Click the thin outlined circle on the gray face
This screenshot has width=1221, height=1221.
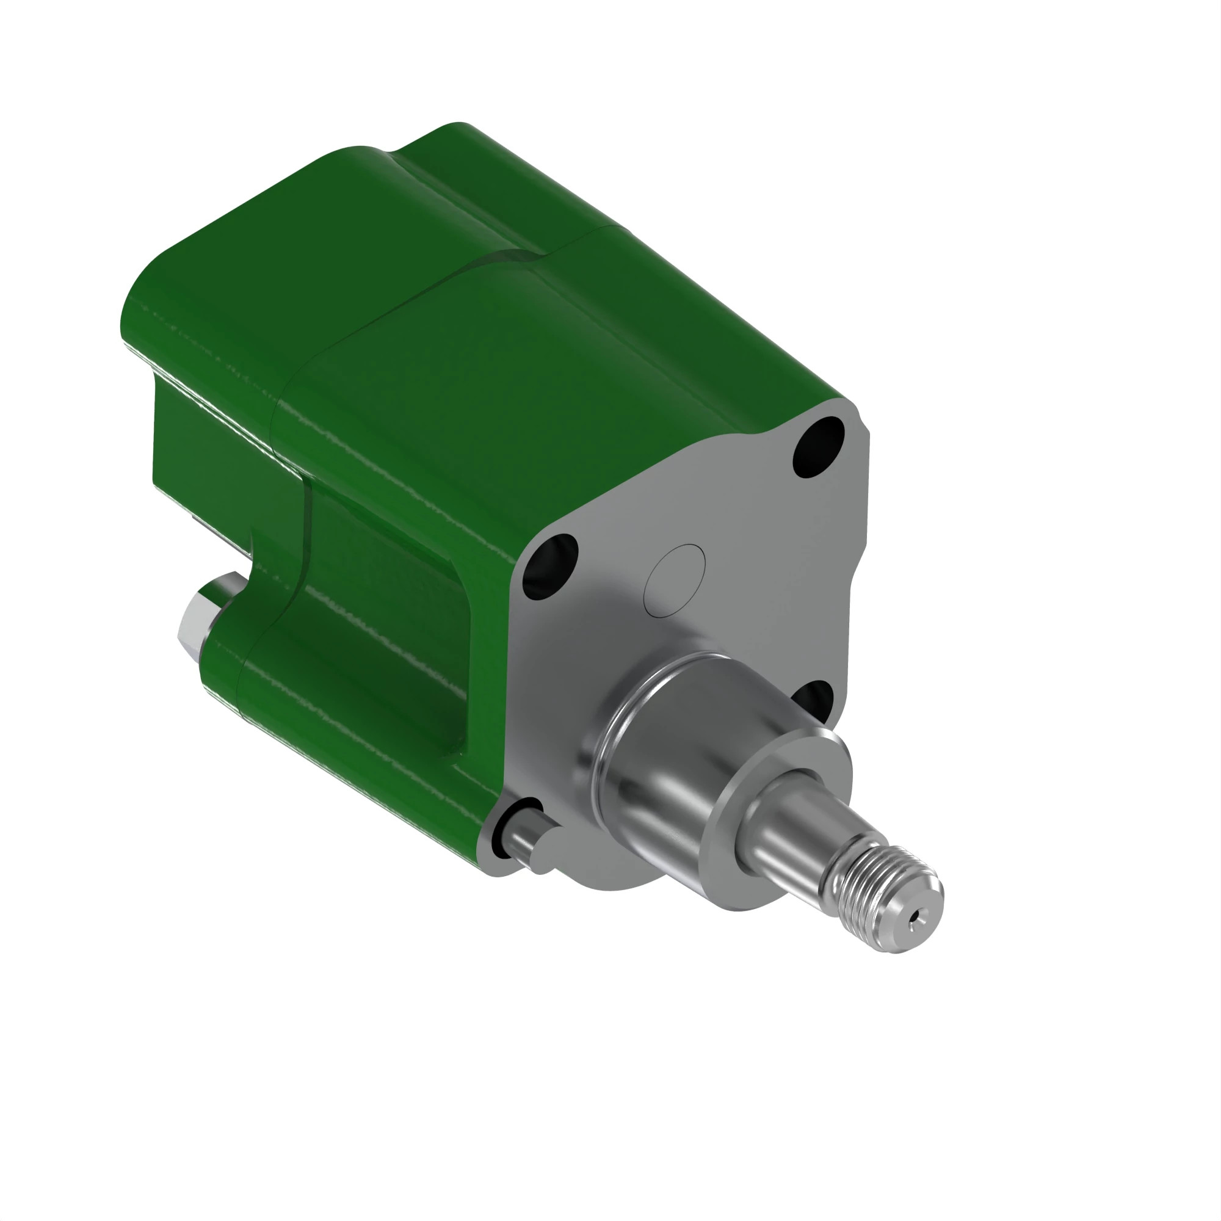click(x=675, y=579)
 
